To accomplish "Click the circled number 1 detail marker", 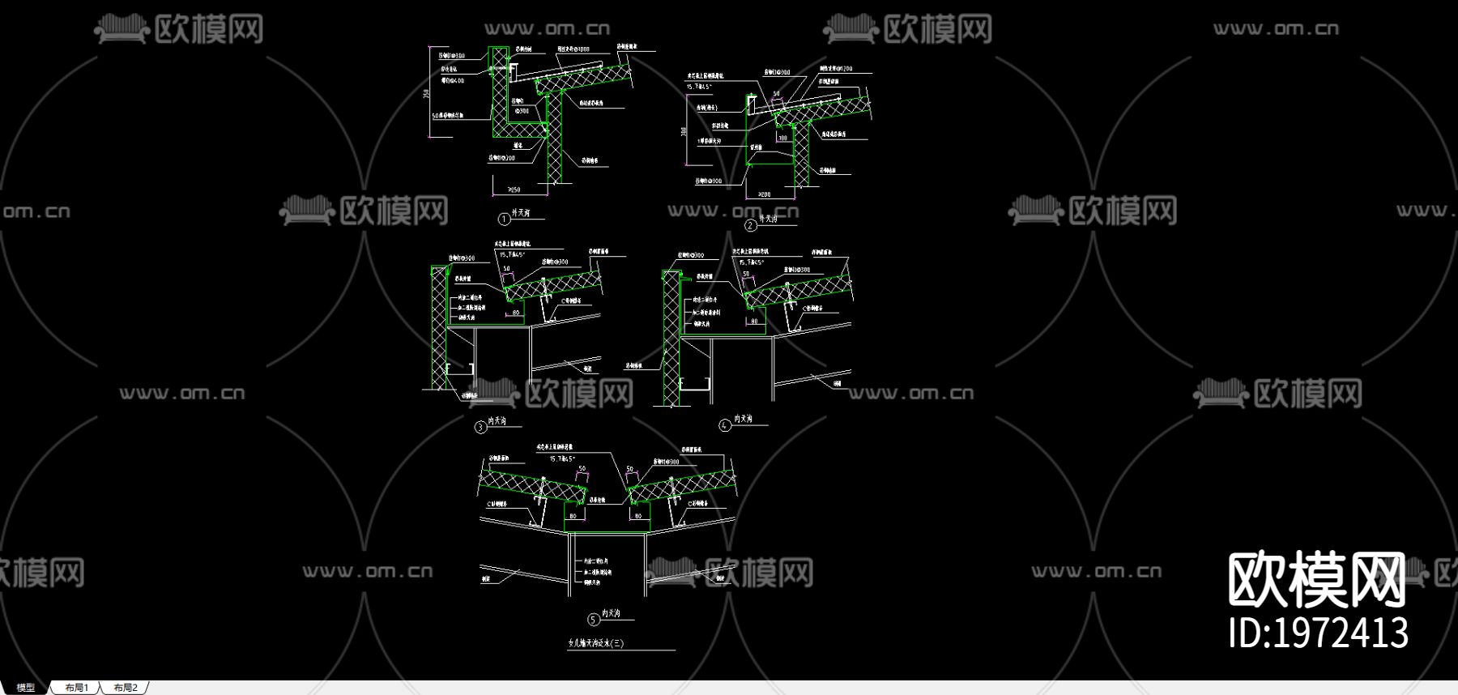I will [x=504, y=219].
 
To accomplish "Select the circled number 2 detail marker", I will [x=751, y=225].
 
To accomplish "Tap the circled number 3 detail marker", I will [x=480, y=427].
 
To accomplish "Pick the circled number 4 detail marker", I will [x=725, y=424].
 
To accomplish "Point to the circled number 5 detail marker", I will [x=594, y=620].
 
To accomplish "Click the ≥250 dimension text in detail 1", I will [x=514, y=190].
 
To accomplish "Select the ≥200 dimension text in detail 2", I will [x=765, y=194].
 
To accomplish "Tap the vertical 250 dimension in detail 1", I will [x=426, y=94].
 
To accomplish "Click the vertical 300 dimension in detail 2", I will [x=684, y=132].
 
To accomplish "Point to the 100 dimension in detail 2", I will [x=782, y=139].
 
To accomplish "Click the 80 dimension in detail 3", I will [x=516, y=313].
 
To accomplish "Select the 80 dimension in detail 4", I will [x=754, y=322].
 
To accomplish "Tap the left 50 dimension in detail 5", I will [x=581, y=469].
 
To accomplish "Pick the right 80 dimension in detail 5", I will [x=638, y=516].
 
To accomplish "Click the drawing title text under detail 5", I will [x=596, y=644].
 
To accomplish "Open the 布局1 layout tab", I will [x=77, y=688].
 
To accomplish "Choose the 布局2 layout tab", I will [x=126, y=688].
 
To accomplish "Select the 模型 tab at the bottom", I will [x=26, y=688].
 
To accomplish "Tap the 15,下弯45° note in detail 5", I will [x=562, y=459].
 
